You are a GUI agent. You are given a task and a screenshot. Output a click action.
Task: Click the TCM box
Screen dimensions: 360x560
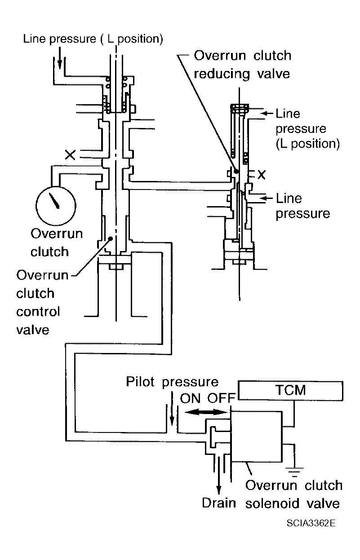point(290,390)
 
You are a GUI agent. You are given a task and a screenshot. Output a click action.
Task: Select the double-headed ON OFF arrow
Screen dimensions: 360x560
point(206,412)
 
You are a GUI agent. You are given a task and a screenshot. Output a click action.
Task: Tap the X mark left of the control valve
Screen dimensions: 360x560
point(70,155)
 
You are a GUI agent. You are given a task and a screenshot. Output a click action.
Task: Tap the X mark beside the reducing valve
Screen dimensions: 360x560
point(262,175)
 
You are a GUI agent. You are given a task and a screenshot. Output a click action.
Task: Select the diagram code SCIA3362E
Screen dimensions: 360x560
point(311,523)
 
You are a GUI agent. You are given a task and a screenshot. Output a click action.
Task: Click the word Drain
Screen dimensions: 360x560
point(219,503)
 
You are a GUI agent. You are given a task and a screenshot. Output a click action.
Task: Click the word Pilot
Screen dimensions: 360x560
point(140,382)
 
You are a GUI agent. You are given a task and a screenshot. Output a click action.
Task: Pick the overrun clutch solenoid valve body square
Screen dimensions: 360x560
point(257,436)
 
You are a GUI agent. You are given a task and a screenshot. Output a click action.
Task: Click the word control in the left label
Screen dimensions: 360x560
point(38,312)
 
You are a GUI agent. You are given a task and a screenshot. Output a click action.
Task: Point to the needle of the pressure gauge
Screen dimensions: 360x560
point(54,201)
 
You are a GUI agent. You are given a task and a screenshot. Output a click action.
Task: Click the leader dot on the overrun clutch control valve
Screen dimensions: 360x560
point(111,239)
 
